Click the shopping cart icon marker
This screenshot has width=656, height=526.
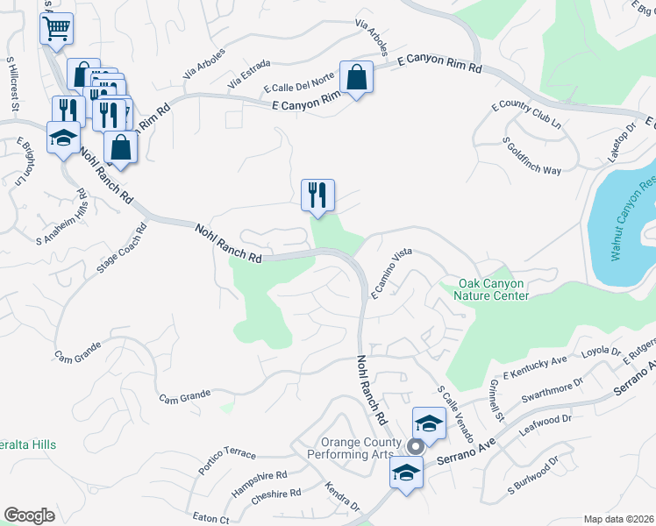(56, 27)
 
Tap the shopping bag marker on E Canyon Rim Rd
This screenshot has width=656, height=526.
(357, 78)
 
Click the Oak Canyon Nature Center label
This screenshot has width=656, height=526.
(494, 289)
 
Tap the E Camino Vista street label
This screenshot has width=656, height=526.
(391, 274)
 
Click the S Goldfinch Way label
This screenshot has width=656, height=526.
(532, 156)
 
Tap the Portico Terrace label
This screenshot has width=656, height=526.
(227, 458)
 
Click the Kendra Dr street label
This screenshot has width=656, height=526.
(342, 497)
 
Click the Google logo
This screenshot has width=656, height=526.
(29, 515)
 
